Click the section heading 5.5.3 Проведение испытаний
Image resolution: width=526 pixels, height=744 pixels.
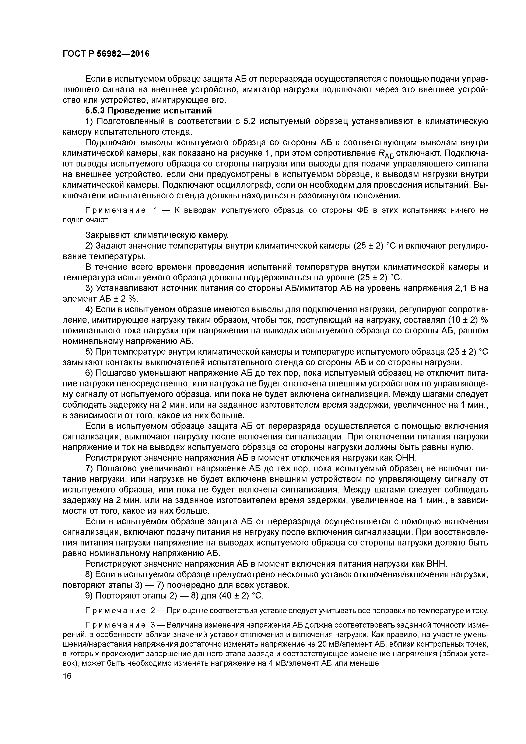coord(148,110)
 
